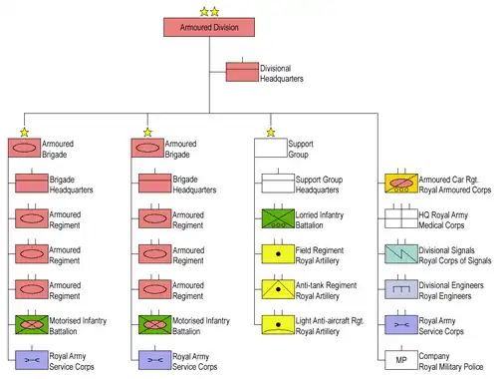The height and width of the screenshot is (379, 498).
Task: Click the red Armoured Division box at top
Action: tap(209, 27)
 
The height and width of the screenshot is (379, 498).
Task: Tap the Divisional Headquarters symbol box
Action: tap(242, 72)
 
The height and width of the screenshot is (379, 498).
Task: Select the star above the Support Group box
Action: tap(271, 133)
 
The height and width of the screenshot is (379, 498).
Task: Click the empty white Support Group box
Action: tap(271, 148)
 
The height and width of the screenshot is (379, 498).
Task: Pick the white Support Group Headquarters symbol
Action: tap(278, 184)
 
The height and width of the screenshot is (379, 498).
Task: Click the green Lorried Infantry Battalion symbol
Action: tap(278, 218)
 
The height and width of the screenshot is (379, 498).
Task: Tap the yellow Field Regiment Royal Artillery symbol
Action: tap(278, 254)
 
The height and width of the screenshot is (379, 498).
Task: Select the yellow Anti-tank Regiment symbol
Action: tap(278, 289)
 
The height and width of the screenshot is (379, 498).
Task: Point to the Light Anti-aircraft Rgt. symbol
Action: tap(278, 324)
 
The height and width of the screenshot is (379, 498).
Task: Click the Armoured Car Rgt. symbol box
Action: tap(401, 184)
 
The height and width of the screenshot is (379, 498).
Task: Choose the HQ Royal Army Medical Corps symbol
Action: tap(401, 218)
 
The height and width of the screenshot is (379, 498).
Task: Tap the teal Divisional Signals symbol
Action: tap(401, 254)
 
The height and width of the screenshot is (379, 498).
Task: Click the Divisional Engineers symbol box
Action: tap(401, 289)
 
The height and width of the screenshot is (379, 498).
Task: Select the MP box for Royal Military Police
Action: tap(401, 360)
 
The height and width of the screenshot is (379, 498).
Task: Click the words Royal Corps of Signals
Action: tap(455, 260)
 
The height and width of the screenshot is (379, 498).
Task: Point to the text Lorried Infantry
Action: tap(320, 215)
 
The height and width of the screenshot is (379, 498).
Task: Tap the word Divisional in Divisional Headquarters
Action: tap(275, 69)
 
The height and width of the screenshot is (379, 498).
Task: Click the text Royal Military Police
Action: tap(451, 367)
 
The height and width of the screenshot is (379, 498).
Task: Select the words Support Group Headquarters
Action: tap(319, 185)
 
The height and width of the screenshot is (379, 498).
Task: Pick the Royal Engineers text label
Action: tap(445, 296)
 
